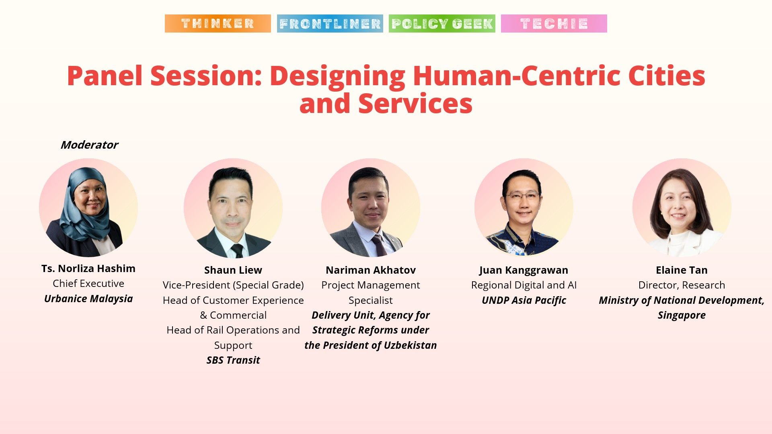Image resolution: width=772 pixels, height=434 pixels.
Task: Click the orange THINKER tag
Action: [x=218, y=23]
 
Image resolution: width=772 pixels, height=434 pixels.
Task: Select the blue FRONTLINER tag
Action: [x=330, y=23]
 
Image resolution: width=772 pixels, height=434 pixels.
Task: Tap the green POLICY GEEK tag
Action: [x=442, y=23]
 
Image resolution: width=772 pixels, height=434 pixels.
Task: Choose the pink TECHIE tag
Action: [x=554, y=23]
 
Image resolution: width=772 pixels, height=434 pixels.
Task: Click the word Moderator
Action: [x=89, y=145]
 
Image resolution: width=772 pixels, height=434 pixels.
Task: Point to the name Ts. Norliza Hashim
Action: [x=88, y=268]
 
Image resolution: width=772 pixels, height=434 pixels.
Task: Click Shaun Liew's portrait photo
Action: [x=233, y=208]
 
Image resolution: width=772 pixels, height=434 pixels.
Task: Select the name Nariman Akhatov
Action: [x=370, y=270]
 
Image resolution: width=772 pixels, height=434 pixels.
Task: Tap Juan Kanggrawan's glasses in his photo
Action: [x=522, y=197]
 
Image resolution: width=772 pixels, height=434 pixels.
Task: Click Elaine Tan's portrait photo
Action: [x=682, y=208]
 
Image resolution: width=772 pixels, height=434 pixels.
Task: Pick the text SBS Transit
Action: [x=233, y=360]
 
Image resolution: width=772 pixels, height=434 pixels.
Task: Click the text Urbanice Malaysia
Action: [x=88, y=299]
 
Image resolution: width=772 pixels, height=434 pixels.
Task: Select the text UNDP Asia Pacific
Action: [x=524, y=300]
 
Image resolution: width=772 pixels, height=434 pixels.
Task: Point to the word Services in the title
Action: [x=415, y=104]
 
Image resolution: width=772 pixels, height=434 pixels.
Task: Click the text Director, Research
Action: [x=682, y=285]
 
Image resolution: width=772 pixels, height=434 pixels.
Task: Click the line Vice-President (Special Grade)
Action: [x=233, y=285]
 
